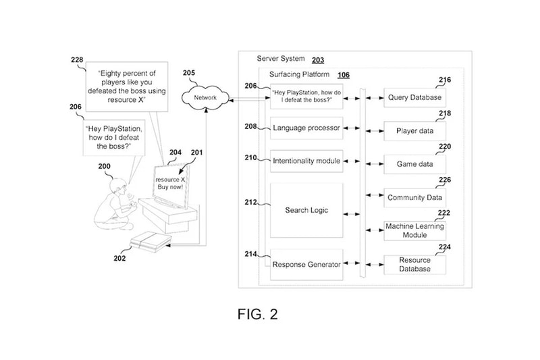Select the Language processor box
click(x=306, y=127)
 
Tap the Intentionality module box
click(x=306, y=161)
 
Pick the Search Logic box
click(x=306, y=210)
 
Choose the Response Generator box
click(x=306, y=265)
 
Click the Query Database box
click(x=415, y=97)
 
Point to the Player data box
click(x=415, y=130)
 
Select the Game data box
click(x=415, y=163)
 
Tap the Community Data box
click(x=415, y=197)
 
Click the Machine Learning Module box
click(x=415, y=230)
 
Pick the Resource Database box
click(x=415, y=264)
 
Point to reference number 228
click(x=78, y=60)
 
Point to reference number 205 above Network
click(x=189, y=73)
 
